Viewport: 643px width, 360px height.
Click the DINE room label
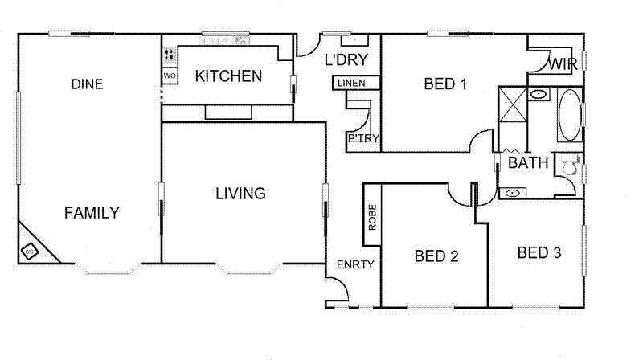tap(87, 84)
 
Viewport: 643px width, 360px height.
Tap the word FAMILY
tap(92, 213)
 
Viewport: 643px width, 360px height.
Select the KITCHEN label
tap(229, 76)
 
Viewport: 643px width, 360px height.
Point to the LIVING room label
tap(240, 194)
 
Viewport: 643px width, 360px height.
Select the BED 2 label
tap(436, 256)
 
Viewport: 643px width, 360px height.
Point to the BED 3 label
tap(539, 253)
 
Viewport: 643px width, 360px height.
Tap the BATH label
tap(528, 163)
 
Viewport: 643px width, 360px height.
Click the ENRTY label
tap(355, 264)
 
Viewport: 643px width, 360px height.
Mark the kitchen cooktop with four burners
tap(170, 55)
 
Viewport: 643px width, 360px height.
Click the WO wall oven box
tap(170, 76)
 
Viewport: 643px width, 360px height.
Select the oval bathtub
tap(569, 115)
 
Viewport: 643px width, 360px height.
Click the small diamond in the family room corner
tap(30, 252)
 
